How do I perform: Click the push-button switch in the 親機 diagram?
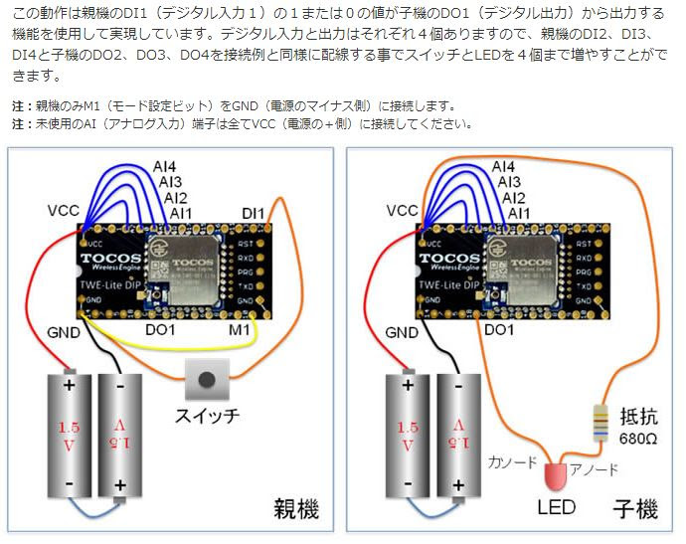(207, 379)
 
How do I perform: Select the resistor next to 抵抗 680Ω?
(600, 423)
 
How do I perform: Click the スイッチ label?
(206, 415)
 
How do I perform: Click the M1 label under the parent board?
(239, 328)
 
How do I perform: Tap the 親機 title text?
(296, 510)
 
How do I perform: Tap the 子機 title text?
(634, 510)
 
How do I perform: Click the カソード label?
(513, 462)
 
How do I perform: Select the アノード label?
(599, 469)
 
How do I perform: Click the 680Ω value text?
(638, 438)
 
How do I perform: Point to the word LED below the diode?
(557, 508)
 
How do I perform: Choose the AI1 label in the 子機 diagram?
(518, 213)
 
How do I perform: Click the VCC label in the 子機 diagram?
(403, 211)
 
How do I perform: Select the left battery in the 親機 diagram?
(69, 434)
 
